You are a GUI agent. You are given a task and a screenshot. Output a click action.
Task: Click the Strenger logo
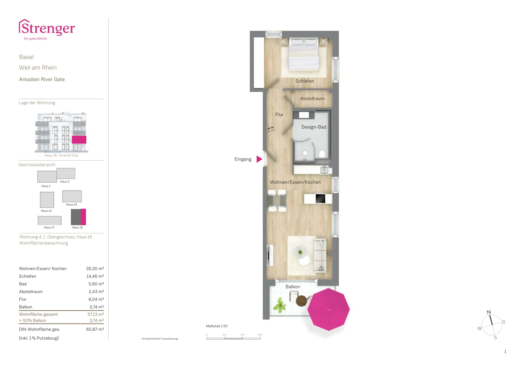pyautogui.click(x=47, y=29)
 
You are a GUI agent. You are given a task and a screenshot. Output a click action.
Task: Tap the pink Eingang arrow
pyautogui.click(x=259, y=159)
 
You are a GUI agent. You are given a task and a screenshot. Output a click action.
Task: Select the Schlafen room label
pyautogui.click(x=304, y=81)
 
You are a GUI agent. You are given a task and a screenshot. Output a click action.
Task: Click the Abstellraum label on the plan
pyautogui.click(x=312, y=99)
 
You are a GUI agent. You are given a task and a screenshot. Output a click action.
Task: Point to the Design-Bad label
pyautogui.click(x=314, y=127)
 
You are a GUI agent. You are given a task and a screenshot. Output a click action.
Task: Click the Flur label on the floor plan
pyautogui.click(x=279, y=114)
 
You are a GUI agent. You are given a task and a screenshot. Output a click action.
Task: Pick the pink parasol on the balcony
pyautogui.click(x=328, y=309)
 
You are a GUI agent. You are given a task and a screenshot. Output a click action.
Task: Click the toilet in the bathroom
pyautogui.click(x=322, y=154)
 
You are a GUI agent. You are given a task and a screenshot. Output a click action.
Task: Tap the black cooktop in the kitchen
pyautogui.click(x=320, y=199)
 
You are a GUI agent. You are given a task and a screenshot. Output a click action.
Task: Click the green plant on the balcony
pyautogui.click(x=279, y=305)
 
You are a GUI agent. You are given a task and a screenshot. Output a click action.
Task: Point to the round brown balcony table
pyautogui.click(x=302, y=301)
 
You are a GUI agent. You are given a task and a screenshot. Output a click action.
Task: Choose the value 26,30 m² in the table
pyautogui.click(x=95, y=268)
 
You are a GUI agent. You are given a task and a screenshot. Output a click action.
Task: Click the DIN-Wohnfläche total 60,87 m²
pyautogui.click(x=95, y=329)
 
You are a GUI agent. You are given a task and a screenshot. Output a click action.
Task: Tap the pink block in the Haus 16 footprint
pyautogui.click(x=83, y=217)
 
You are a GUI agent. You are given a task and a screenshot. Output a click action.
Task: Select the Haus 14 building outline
pyautogui.click(x=47, y=200)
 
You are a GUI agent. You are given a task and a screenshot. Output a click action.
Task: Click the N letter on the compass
pyautogui.click(x=489, y=312)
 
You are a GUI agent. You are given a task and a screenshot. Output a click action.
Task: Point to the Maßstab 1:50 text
pyautogui.click(x=217, y=326)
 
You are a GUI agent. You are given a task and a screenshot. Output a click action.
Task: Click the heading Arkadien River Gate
pyautogui.click(x=42, y=79)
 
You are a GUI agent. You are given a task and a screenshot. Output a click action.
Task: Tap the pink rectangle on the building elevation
pyautogui.click(x=79, y=140)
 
